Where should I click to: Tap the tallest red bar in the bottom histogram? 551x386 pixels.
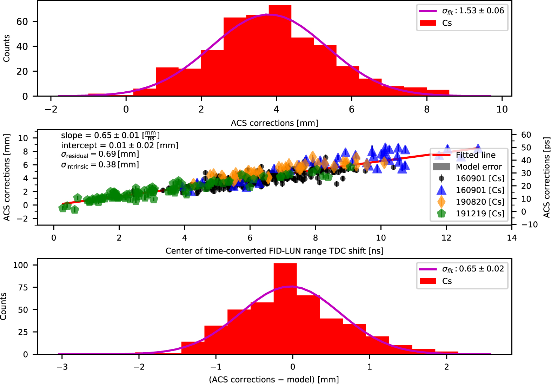click(285, 309)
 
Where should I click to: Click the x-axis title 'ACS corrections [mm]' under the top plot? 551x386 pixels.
click(274, 123)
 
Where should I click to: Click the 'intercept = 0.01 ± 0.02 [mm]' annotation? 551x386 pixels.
click(119, 145)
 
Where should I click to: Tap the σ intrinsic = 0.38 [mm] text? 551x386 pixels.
click(100, 165)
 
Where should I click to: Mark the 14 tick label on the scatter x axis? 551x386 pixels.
click(512, 238)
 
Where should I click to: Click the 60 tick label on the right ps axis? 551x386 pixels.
click(526, 135)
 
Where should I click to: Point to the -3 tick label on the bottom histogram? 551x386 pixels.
click(62, 367)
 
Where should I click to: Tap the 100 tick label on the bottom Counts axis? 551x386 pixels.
click(20, 265)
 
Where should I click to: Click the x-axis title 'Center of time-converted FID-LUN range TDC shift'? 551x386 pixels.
click(274, 251)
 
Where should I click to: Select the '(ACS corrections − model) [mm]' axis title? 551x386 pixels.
click(274, 380)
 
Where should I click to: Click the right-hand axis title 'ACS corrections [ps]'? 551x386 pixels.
click(546, 177)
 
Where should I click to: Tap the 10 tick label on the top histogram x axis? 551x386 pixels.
click(502, 110)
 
